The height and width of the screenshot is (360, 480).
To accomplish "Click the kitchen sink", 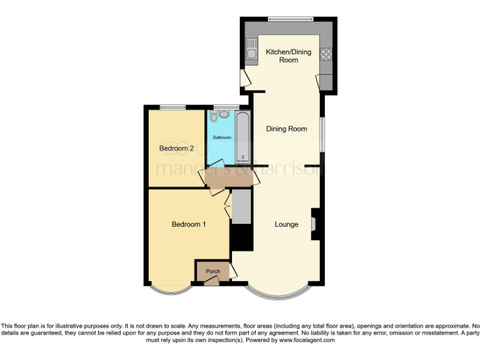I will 252,49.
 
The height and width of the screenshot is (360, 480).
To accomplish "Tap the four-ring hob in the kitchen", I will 326,54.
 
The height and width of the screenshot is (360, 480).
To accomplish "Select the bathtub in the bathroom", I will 242,137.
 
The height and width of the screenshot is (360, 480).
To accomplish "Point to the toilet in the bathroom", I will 214,116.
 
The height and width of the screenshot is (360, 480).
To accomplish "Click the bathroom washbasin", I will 224,114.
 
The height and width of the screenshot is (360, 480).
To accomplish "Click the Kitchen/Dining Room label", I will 288,56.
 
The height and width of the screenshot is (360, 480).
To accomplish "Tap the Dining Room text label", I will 286,129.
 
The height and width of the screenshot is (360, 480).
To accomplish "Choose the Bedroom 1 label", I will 189,224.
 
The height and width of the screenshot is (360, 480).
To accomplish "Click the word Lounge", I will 286,224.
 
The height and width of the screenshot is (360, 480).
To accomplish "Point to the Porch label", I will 212,271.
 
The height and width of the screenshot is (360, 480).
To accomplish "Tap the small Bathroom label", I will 222,137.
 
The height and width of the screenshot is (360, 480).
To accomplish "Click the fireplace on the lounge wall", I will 315,224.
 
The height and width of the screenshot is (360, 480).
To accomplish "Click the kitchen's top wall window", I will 289,19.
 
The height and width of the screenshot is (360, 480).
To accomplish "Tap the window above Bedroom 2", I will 173,107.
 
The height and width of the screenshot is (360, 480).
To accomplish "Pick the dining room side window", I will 322,134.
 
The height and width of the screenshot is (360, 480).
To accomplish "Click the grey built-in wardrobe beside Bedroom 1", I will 241,206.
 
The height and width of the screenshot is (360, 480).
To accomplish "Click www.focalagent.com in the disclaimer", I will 307,341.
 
